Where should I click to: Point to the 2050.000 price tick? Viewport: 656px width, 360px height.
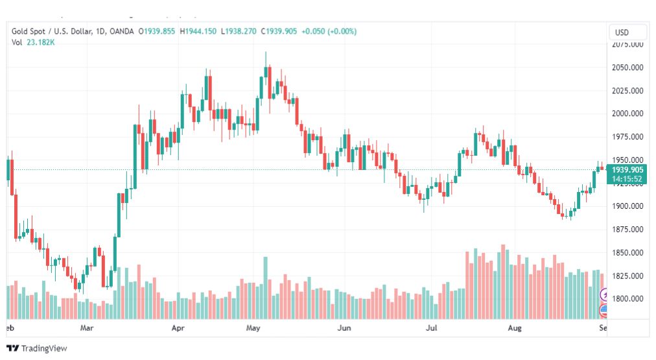coord(627,67)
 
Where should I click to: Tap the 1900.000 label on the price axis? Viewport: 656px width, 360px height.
coord(627,206)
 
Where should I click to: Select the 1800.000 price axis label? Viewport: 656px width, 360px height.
coord(627,299)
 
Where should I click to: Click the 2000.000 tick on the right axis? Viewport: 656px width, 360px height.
coord(627,114)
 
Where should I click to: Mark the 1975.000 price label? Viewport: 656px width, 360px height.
coord(627,137)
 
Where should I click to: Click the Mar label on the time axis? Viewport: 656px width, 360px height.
coord(88,329)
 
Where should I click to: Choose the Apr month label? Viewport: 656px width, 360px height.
coord(178,329)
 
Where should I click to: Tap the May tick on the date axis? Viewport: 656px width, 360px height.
coord(253,329)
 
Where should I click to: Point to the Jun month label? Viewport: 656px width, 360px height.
coord(344,329)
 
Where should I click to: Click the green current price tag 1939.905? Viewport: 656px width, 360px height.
coord(627,170)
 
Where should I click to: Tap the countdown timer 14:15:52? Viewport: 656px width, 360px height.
coord(627,179)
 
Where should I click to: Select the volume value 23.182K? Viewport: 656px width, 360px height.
coord(40,42)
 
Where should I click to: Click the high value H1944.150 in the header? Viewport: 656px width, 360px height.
coord(198,31)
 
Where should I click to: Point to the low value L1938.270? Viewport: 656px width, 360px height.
coord(239,31)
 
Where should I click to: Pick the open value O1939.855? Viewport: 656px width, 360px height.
coord(157,31)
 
